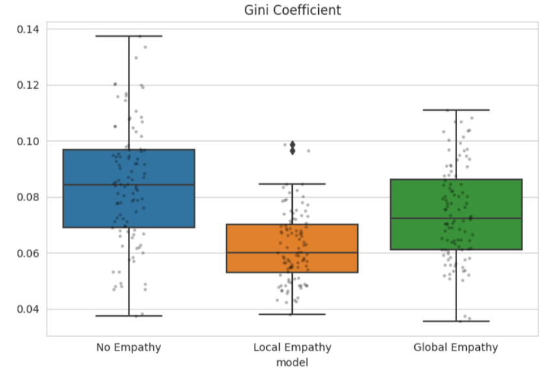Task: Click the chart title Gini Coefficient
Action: [292, 10]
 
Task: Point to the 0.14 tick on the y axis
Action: [27, 29]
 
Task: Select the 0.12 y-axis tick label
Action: [27, 85]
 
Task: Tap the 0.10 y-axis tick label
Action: [27, 141]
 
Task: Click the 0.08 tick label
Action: [27, 197]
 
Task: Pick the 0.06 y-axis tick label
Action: [27, 253]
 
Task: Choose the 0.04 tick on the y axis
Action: [27, 309]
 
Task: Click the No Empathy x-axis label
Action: [129, 348]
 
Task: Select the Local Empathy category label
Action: [292, 348]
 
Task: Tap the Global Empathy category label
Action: [456, 348]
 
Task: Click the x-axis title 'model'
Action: [292, 362]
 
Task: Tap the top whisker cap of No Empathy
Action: [129, 36]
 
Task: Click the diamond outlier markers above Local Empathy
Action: [292, 147]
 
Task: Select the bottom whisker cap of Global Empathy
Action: [456, 321]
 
